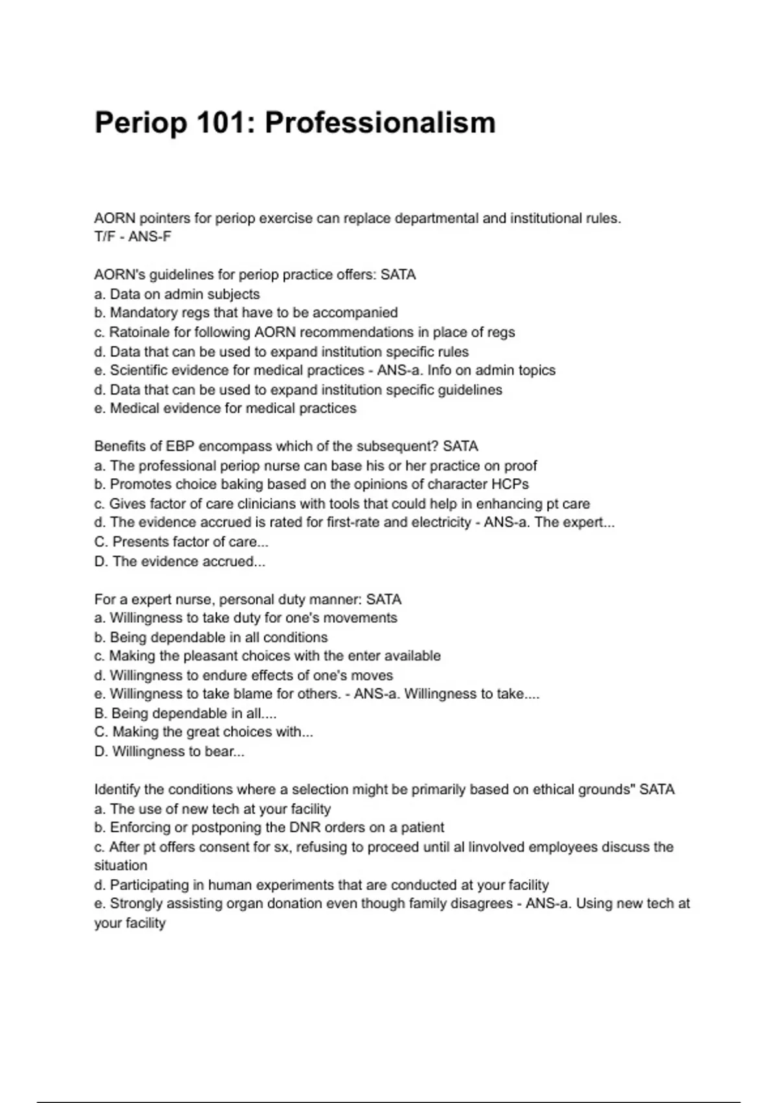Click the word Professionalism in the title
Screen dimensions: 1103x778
tap(380, 123)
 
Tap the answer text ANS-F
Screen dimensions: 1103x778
tap(150, 237)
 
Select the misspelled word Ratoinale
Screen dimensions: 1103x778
tap(134, 332)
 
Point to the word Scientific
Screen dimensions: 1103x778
tap(138, 370)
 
